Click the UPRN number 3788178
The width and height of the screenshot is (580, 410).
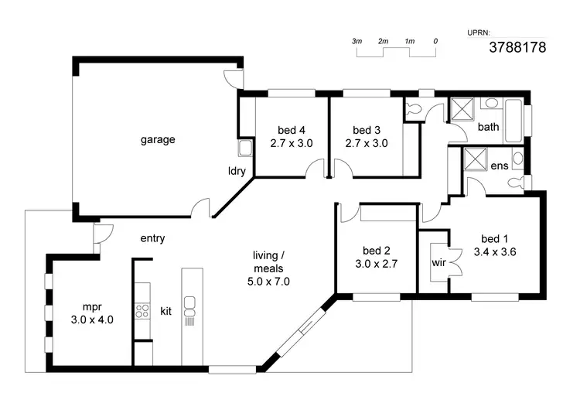[x=517, y=47]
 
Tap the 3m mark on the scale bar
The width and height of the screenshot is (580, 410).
[x=357, y=40]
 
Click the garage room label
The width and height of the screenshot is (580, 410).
[x=158, y=140]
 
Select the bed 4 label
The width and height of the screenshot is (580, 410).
[x=292, y=130]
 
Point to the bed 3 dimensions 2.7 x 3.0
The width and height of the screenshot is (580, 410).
[x=367, y=143]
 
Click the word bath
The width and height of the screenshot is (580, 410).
[x=488, y=127]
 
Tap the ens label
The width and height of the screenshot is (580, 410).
[x=499, y=166]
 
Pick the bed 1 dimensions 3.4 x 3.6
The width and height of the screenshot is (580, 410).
[x=495, y=251]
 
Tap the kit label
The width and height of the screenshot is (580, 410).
[x=165, y=311]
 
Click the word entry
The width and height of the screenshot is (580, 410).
[x=152, y=238]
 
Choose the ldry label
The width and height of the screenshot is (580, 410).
[x=237, y=172]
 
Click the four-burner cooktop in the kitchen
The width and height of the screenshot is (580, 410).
[x=142, y=311]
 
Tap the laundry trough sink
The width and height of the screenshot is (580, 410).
[x=245, y=149]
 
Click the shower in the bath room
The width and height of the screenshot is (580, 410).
[x=462, y=110]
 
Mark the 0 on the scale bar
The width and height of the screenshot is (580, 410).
[x=436, y=40]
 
